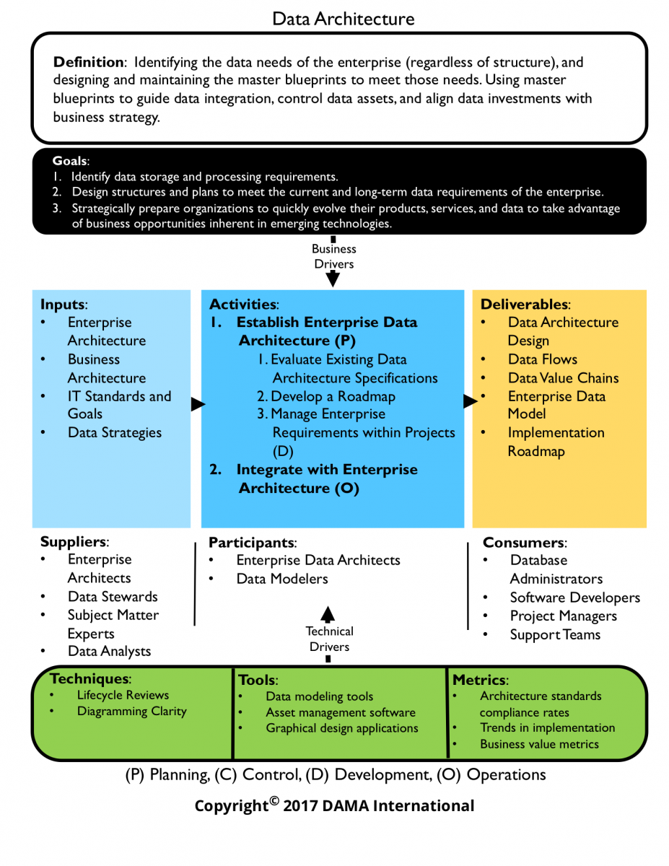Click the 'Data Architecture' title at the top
344,19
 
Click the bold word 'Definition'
87,62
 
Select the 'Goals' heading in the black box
70,161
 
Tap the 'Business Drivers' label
334,256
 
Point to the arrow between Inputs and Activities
198,405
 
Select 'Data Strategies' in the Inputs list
115,433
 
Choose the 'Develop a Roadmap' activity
326,396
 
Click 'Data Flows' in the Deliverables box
542,359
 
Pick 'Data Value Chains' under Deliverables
563,378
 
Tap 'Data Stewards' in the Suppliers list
113,597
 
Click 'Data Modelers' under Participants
282,579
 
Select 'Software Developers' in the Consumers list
574,598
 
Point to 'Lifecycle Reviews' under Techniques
123,695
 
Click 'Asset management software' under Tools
340,712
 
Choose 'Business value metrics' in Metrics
539,744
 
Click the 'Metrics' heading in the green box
480,680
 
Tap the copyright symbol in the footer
274,800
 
